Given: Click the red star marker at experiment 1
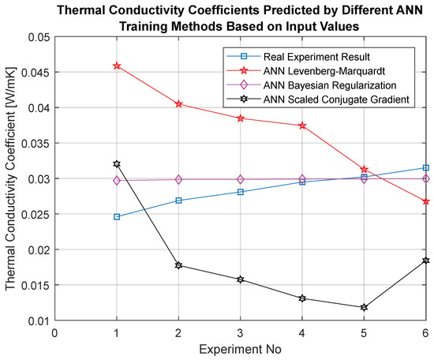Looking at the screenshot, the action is pos(117,66).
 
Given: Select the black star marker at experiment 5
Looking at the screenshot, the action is pos(364,307).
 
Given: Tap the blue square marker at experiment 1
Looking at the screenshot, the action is pos(117,217).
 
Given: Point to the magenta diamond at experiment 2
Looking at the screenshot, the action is pos(178,179).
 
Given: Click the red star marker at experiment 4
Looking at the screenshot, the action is pos(302,126).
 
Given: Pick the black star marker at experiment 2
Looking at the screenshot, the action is pos(178,265).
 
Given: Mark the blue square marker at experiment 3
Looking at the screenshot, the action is pos(241,192).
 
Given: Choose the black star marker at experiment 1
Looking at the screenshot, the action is pos(117,164).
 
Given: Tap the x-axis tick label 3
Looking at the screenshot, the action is pos(240,332).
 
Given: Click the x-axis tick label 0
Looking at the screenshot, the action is pos(54,332).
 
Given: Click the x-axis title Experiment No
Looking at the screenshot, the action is pos(240,349).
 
